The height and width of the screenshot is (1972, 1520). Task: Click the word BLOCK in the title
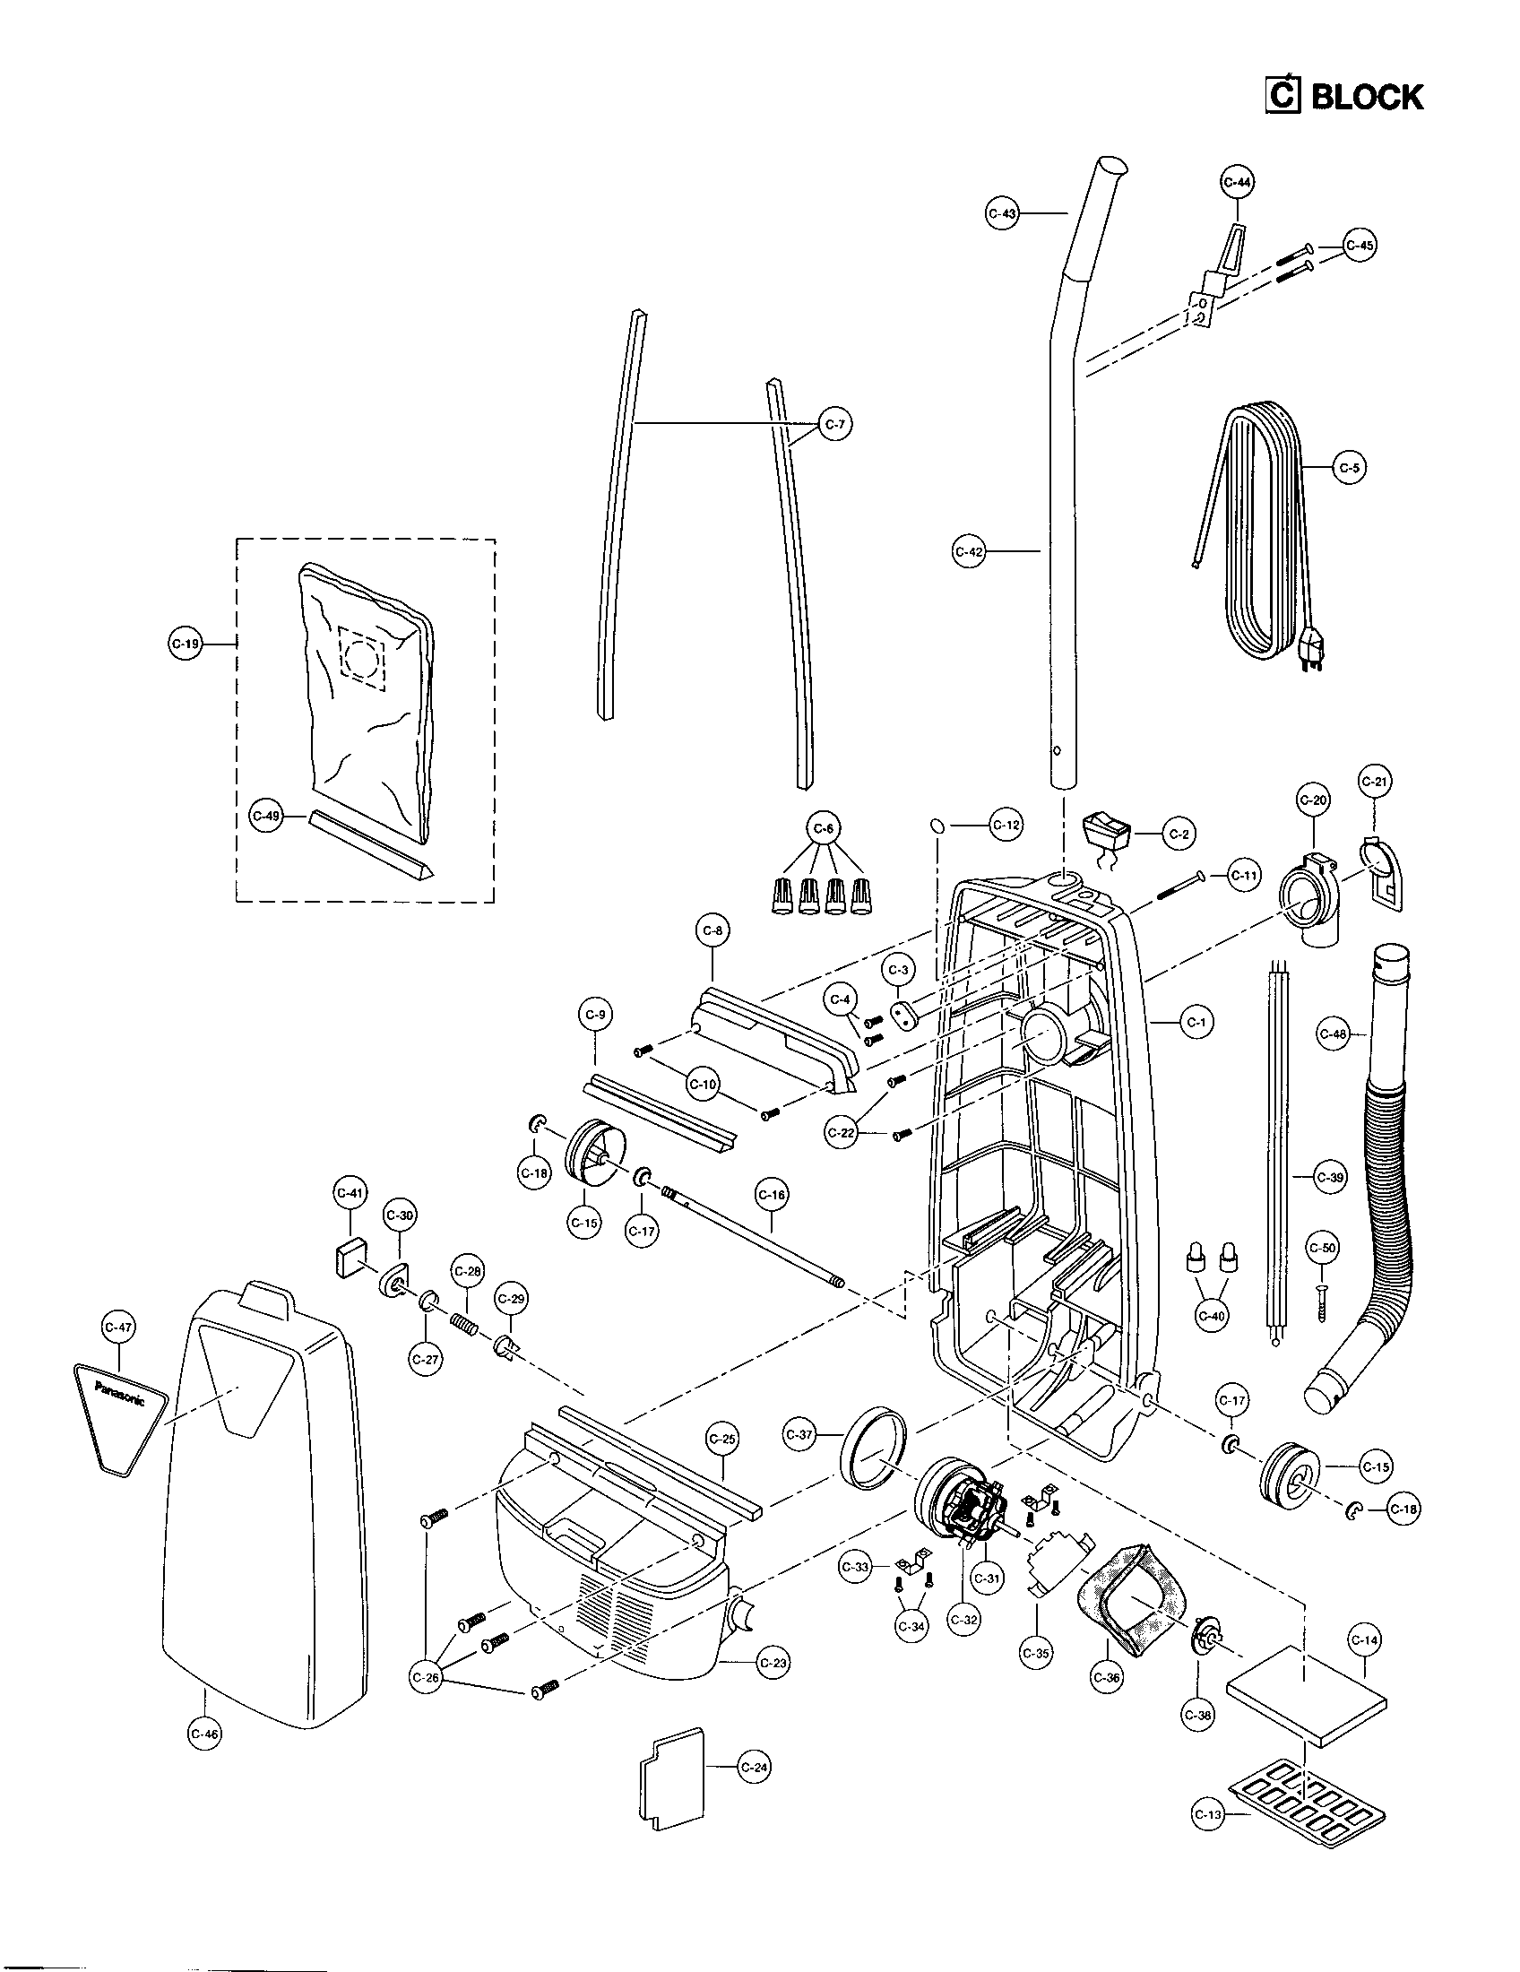click(1367, 97)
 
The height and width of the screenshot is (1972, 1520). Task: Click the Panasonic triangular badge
click(120, 1423)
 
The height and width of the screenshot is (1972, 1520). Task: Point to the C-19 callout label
click(186, 644)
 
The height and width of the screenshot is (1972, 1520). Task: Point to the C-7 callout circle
click(836, 424)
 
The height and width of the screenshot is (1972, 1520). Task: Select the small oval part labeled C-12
click(937, 825)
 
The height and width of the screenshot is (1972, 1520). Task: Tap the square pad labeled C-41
click(349, 1256)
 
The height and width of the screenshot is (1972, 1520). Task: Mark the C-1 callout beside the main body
click(1196, 1022)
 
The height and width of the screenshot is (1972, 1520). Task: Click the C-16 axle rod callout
click(772, 1196)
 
